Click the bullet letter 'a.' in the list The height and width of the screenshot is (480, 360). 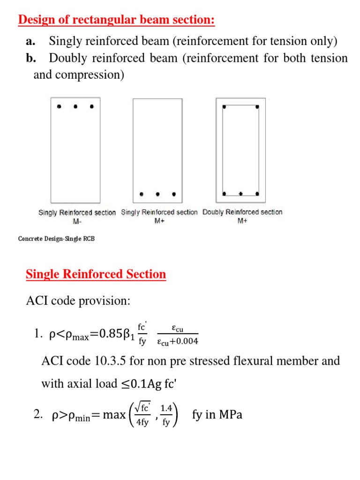point(31,41)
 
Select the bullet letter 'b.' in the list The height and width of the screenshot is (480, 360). point(31,58)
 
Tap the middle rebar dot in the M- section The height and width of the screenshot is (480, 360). point(75,107)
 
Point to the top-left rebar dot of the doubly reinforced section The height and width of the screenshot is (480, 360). point(225,107)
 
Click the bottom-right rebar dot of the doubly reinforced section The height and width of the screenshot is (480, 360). point(257,193)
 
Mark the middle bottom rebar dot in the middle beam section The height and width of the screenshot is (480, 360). point(157,194)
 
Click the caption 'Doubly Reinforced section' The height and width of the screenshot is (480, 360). point(242,212)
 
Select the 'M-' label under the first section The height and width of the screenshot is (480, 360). point(77,221)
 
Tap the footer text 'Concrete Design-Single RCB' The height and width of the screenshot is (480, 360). point(56,239)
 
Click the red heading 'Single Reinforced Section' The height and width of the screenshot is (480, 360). point(96,274)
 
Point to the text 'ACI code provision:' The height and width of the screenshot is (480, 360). point(77,301)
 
